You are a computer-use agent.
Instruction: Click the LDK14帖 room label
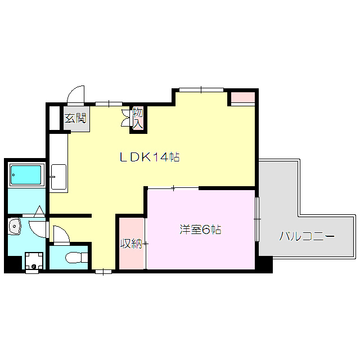click(149, 157)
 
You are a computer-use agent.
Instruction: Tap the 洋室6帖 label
click(200, 229)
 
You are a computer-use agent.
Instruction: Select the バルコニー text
click(307, 236)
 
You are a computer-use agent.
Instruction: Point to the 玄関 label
click(75, 118)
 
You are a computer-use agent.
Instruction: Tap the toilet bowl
click(73, 258)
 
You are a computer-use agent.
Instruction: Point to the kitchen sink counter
click(58, 177)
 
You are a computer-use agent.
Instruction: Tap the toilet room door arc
click(61, 234)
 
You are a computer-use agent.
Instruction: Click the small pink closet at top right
click(243, 97)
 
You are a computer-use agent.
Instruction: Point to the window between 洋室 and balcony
click(257, 217)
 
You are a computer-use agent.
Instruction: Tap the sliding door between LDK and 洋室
click(173, 188)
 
